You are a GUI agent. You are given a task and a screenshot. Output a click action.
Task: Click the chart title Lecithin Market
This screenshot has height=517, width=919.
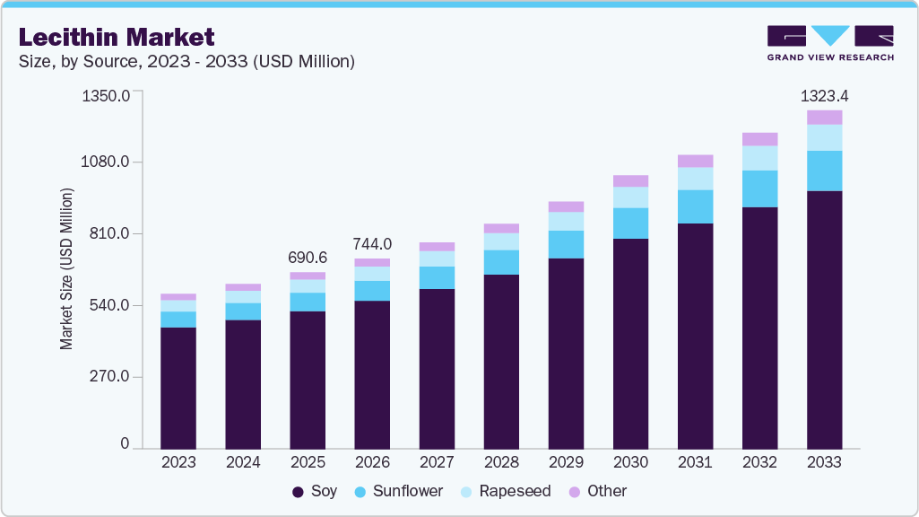pyautogui.click(x=117, y=37)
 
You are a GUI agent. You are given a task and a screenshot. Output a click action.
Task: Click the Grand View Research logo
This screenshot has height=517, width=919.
pyautogui.click(x=829, y=43)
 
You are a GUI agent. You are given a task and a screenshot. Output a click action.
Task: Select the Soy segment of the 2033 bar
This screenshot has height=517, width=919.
pyautogui.click(x=824, y=319)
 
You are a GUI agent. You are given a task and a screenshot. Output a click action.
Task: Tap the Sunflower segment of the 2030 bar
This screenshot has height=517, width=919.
pyautogui.click(x=630, y=223)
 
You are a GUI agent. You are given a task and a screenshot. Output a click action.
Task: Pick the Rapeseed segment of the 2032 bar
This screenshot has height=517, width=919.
pyautogui.click(x=759, y=158)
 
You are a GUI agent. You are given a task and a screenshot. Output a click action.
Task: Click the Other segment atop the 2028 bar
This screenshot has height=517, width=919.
pyautogui.click(x=501, y=228)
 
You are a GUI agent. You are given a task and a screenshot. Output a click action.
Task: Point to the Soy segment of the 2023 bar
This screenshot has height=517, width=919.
pyautogui.click(x=178, y=387)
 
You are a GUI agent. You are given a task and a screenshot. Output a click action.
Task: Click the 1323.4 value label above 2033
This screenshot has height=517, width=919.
pyautogui.click(x=824, y=95)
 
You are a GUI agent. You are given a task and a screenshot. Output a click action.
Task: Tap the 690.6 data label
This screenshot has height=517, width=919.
pyautogui.click(x=308, y=258)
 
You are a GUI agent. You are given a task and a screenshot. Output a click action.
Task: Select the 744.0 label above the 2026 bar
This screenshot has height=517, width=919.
pyautogui.click(x=372, y=244)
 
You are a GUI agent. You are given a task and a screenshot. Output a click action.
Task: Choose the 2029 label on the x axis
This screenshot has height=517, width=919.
pyautogui.click(x=566, y=462)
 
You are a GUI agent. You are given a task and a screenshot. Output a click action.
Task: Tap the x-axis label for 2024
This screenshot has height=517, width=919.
pyautogui.click(x=243, y=462)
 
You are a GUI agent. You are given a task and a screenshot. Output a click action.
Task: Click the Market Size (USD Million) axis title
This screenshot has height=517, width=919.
pyautogui.click(x=67, y=269)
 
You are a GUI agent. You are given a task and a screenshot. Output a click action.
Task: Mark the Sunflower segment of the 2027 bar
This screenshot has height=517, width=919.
pyautogui.click(x=437, y=277)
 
